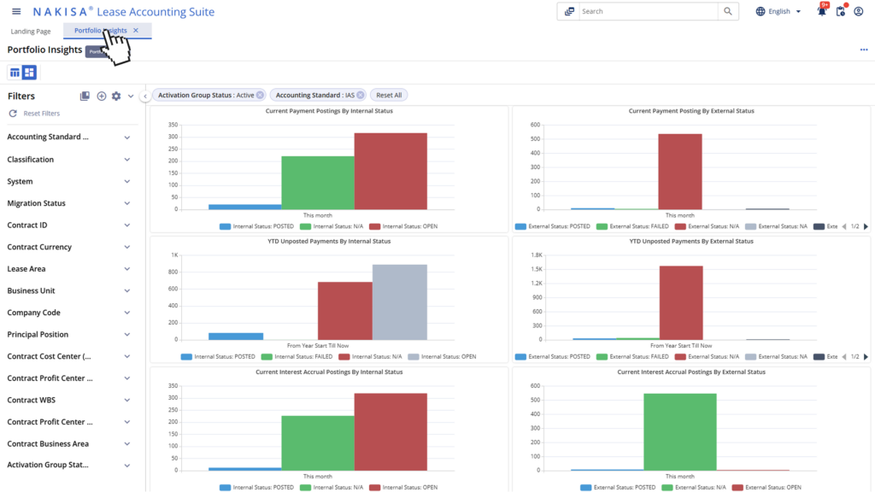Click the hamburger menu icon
pos(16,12)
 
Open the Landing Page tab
pos(31,32)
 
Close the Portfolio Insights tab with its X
pos(136,31)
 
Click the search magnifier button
pos(727,12)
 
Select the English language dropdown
pos(778,12)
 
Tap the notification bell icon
pos(821,12)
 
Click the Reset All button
pos(389,95)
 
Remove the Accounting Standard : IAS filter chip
pos(361,95)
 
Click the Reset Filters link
pos(41,114)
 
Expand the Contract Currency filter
pos(68,248)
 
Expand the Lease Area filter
pos(68,269)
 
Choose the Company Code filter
pos(68,313)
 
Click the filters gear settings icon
pos(116,97)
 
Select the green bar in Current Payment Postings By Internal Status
pos(317,182)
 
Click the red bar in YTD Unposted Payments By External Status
pos(680,302)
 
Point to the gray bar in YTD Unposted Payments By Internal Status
pos(399,302)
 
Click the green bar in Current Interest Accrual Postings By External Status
pos(680,431)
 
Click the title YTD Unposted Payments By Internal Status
pos(329,242)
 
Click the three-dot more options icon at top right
pos(864,50)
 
